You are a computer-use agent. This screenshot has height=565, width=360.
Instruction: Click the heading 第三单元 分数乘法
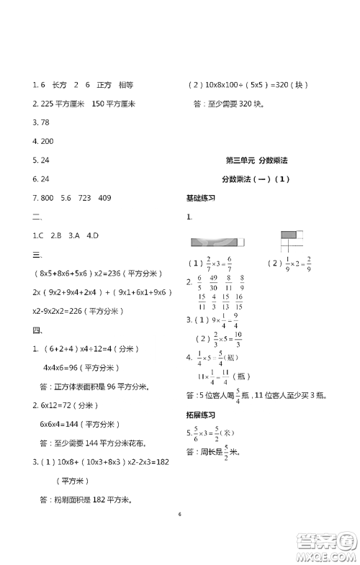click(x=252, y=161)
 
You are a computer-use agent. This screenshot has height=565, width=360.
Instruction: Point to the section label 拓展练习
click(x=201, y=414)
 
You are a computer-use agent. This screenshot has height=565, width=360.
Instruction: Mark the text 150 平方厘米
click(x=114, y=104)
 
